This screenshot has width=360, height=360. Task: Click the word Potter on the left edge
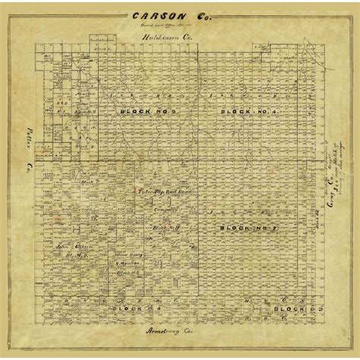point(23,139)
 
